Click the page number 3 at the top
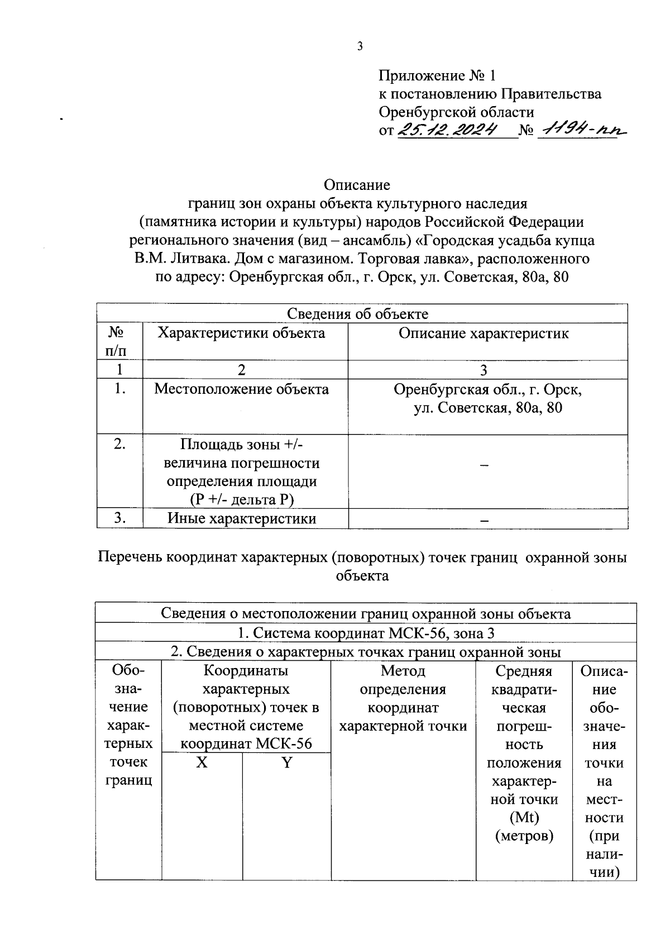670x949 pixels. [360, 46]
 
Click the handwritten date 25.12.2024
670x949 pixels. [448, 130]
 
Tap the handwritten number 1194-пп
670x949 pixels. [581, 130]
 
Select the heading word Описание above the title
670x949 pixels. [357, 185]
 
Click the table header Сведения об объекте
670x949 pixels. [357, 314]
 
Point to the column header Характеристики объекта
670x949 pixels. [241, 333]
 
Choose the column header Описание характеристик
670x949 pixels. [484, 333]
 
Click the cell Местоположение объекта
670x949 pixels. [241, 389]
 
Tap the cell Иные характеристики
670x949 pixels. [242, 518]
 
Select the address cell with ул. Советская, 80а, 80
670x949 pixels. [487, 399]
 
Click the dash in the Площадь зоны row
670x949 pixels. [485, 465]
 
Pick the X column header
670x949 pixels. [202, 763]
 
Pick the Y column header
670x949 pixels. [286, 763]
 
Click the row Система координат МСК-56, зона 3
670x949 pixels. [366, 633]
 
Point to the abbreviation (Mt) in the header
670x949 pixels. [524, 818]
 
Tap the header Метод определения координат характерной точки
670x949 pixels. [403, 698]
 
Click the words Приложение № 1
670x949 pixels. [437, 75]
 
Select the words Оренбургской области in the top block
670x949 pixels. [456, 112]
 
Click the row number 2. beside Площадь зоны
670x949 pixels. [119, 444]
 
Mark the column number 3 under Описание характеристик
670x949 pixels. [484, 370]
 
